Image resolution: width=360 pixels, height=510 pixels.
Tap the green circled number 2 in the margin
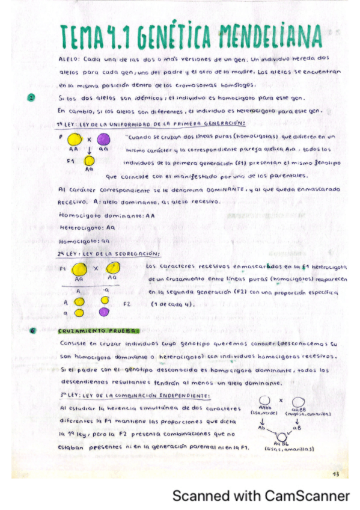(31, 97)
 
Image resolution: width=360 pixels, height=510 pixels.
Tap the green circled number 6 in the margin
(31, 330)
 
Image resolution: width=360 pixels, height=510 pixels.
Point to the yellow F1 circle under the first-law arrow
(89, 161)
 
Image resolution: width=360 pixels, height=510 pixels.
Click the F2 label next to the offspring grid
(127, 304)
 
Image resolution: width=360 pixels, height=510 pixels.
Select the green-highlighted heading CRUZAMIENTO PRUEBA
(98, 330)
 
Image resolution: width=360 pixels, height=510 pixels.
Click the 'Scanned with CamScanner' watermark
(261, 497)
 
